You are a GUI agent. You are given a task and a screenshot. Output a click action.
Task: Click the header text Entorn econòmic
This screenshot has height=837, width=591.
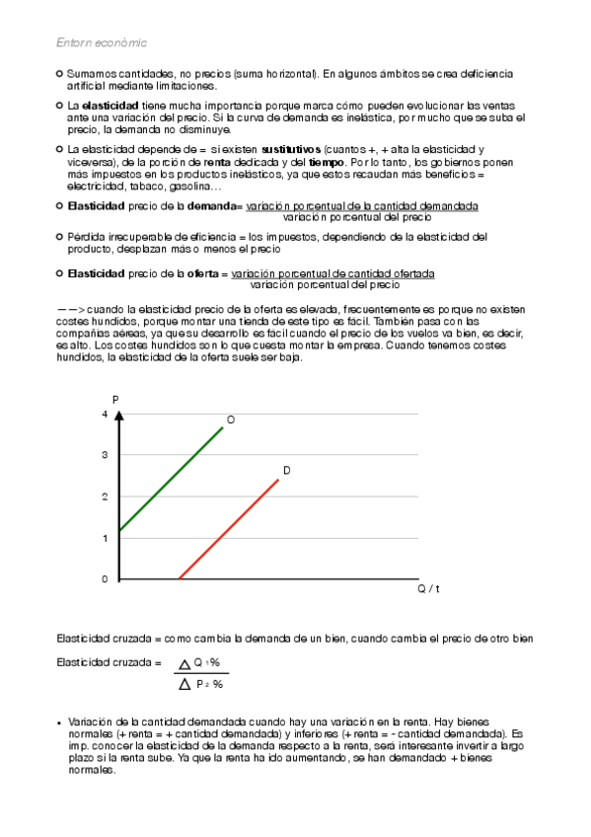pyautogui.click(x=102, y=42)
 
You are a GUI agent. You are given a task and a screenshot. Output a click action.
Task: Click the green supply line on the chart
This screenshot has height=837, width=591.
pyautogui.click(x=171, y=479)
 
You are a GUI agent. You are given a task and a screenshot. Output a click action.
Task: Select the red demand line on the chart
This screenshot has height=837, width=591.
pyautogui.click(x=229, y=529)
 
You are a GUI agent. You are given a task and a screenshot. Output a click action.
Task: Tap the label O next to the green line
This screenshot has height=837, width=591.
pyautogui.click(x=231, y=420)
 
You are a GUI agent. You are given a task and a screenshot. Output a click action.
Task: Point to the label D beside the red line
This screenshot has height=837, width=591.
pyautogui.click(x=287, y=471)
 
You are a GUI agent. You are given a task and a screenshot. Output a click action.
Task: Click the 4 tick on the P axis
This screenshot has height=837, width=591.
pyautogui.click(x=104, y=414)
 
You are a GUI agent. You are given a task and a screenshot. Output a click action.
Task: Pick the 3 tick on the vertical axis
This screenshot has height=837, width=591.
pyautogui.click(x=104, y=455)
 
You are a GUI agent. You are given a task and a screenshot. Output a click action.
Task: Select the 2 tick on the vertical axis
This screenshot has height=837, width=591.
pyautogui.click(x=104, y=496)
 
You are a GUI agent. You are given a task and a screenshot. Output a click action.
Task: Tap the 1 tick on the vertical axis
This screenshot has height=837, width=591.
pyautogui.click(x=104, y=538)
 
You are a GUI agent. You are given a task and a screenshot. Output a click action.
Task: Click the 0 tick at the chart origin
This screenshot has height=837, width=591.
pyautogui.click(x=104, y=579)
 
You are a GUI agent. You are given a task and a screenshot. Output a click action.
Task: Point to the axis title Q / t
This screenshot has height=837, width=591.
pyautogui.click(x=428, y=589)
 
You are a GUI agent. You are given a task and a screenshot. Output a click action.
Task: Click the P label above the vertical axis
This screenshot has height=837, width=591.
pyautogui.click(x=115, y=399)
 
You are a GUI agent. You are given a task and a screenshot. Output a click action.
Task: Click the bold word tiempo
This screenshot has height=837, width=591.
pyautogui.click(x=327, y=161)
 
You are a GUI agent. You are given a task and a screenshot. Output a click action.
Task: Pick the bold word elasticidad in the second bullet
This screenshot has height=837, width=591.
pyautogui.click(x=111, y=105)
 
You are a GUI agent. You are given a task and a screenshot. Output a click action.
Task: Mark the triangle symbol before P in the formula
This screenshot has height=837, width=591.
pyautogui.click(x=184, y=683)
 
